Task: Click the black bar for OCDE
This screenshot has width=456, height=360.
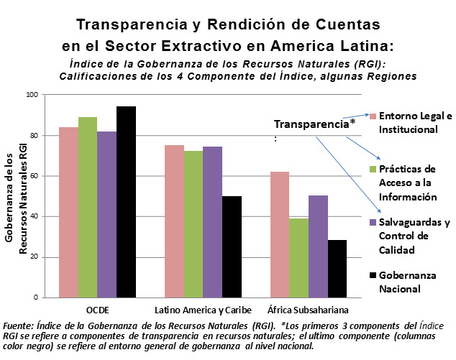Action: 126,202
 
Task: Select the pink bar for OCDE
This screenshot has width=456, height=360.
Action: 69,212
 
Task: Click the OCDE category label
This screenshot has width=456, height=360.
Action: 97,310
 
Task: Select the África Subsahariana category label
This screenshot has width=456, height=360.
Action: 309,310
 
